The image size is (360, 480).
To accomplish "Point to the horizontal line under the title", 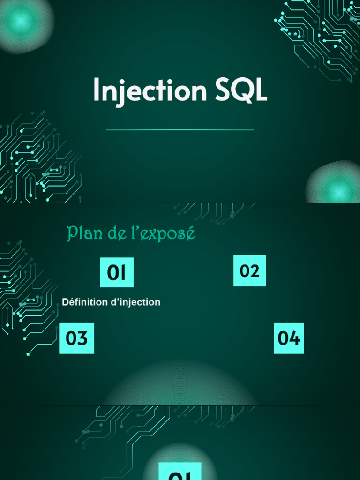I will point(180,129).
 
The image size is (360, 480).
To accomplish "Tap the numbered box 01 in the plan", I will point(117,272).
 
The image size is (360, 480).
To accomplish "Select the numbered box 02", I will point(250,270).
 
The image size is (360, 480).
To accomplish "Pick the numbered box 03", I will point(77,338).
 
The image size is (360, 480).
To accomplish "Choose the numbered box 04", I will point(289,338).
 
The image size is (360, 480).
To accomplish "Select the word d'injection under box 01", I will point(135,302).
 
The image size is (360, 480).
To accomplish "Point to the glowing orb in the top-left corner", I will point(21,20).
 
